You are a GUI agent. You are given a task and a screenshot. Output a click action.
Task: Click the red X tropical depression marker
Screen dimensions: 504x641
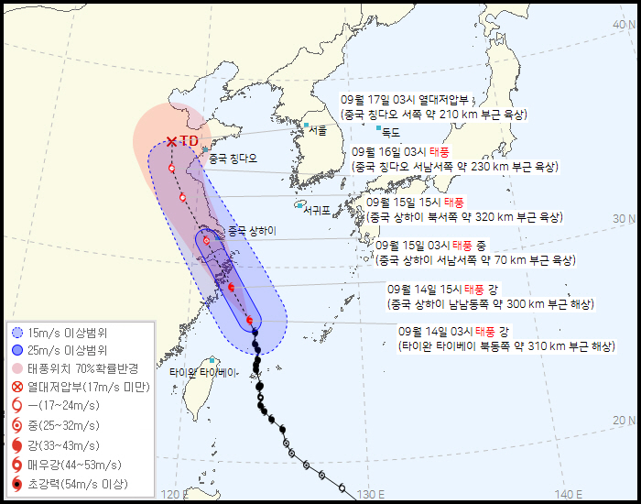(172, 141)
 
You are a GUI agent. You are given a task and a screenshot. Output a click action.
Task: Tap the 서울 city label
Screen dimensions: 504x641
(318, 130)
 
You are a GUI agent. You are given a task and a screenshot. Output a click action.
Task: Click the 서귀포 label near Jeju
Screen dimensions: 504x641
(316, 210)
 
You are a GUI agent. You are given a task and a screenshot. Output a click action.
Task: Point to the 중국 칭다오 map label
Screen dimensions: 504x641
(233, 159)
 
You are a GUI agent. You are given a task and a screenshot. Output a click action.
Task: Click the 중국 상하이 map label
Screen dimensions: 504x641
(251, 230)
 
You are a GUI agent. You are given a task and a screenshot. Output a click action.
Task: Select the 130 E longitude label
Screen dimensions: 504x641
(371, 494)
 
